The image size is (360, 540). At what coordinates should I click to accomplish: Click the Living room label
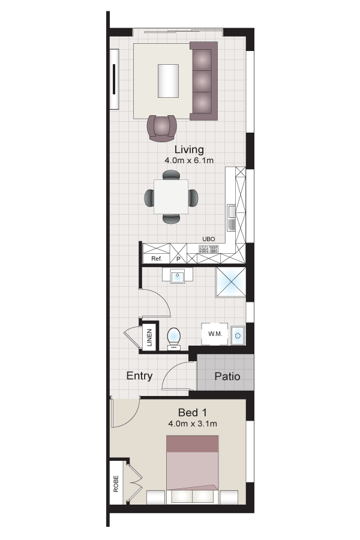tap(189, 150)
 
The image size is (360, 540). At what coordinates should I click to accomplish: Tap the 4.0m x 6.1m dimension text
tap(189, 161)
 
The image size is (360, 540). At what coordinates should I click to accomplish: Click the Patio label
tap(227, 377)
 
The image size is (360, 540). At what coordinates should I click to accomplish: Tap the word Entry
tap(139, 376)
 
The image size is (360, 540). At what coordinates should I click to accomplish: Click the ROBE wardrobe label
tap(116, 484)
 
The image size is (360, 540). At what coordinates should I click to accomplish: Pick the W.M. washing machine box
tap(215, 334)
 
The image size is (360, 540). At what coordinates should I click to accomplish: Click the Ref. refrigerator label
tap(157, 259)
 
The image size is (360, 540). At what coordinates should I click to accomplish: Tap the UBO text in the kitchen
tap(209, 239)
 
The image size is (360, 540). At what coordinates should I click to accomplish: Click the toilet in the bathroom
tap(174, 337)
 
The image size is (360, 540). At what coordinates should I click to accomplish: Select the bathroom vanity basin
tap(178, 276)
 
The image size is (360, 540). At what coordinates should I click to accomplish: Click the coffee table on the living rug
tap(167, 80)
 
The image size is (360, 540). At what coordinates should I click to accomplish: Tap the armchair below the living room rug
tap(162, 128)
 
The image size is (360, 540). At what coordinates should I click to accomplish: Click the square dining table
tap(171, 196)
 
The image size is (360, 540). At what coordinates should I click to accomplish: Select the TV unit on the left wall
tap(114, 79)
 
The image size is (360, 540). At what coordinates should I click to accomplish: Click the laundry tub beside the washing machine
tap(238, 335)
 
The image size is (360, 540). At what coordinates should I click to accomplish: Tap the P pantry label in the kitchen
tap(178, 259)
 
